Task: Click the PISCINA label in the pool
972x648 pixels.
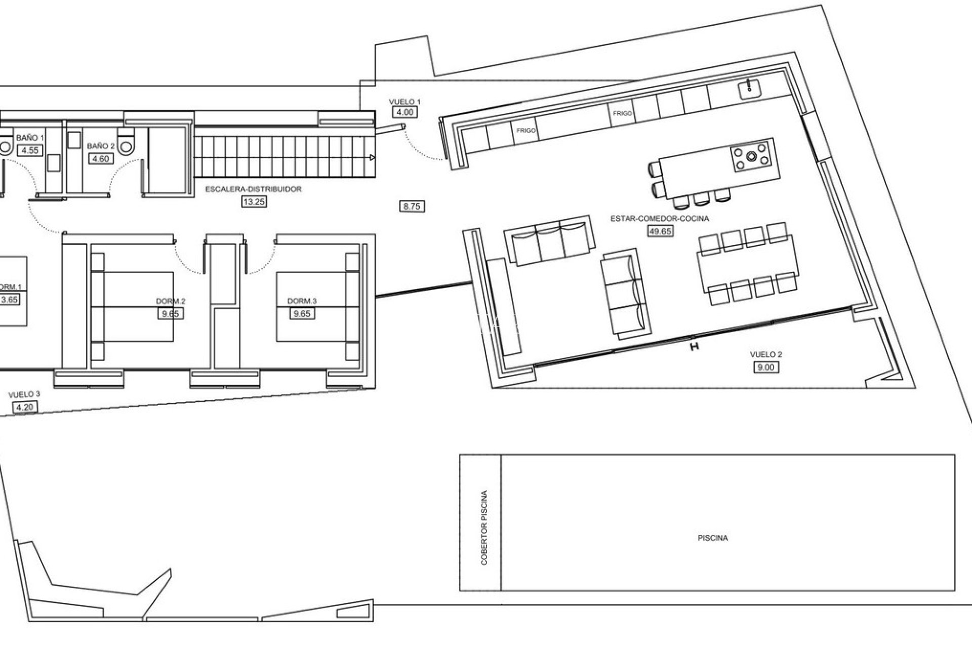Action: (x=712, y=538)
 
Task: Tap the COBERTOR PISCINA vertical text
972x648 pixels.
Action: (x=484, y=528)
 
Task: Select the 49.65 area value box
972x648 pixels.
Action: (x=660, y=231)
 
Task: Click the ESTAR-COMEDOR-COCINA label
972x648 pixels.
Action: (x=660, y=219)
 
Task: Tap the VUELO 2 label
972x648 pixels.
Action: (x=765, y=354)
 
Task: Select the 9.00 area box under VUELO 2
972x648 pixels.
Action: (x=765, y=368)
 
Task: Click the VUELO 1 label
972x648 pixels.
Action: (x=404, y=102)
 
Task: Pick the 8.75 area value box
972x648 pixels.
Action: (x=412, y=207)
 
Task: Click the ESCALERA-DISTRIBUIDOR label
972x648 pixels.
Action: (x=253, y=189)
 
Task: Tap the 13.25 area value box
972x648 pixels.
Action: (x=254, y=201)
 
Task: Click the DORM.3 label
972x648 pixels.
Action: (x=302, y=301)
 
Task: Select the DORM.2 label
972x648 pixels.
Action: (x=171, y=301)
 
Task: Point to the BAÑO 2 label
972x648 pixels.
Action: (x=101, y=146)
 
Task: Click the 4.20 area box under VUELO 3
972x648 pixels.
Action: (x=25, y=407)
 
